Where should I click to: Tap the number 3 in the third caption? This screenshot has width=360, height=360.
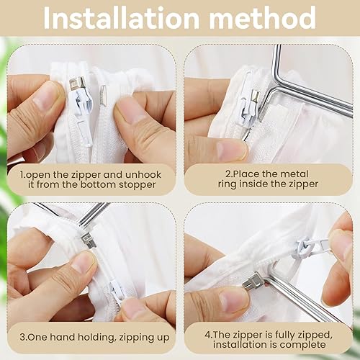pyautogui.click(x=23, y=336)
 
